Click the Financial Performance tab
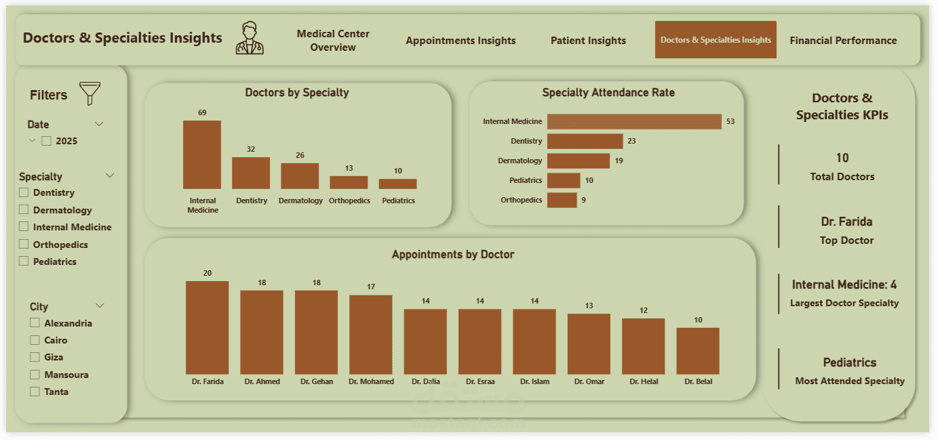[x=843, y=41]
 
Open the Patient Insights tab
[x=588, y=41]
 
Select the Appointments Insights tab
[x=461, y=41]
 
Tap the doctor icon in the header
[x=250, y=38]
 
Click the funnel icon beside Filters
[x=90, y=93]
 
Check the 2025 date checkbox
[x=47, y=141]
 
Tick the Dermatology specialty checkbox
[x=24, y=210]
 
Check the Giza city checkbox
[x=35, y=357]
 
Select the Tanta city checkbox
[x=35, y=392]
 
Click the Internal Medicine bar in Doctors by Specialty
[x=202, y=154]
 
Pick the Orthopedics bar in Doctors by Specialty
[x=349, y=182]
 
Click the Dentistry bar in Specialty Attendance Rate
[x=585, y=141]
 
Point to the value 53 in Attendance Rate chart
[x=730, y=122]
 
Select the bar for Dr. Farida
[x=207, y=327]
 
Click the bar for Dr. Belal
[x=698, y=351]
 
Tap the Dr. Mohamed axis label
[x=371, y=381]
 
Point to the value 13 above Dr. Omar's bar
[x=589, y=306]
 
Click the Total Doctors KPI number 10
[x=842, y=158]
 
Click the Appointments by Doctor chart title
[x=453, y=255]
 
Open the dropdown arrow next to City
[x=100, y=306]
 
